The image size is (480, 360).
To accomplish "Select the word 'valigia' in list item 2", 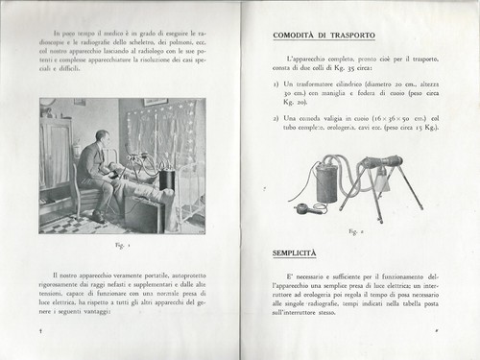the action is click(x=335, y=117).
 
